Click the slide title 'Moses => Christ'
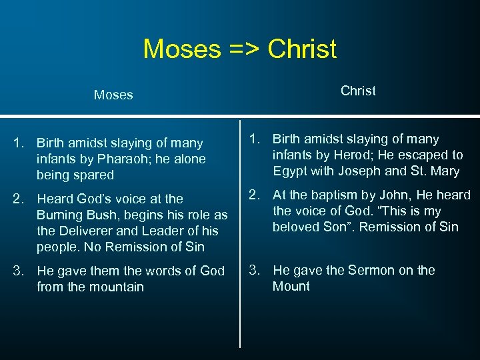(240, 49)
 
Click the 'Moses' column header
(113, 95)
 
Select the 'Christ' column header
(358, 91)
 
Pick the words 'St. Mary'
(437, 171)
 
